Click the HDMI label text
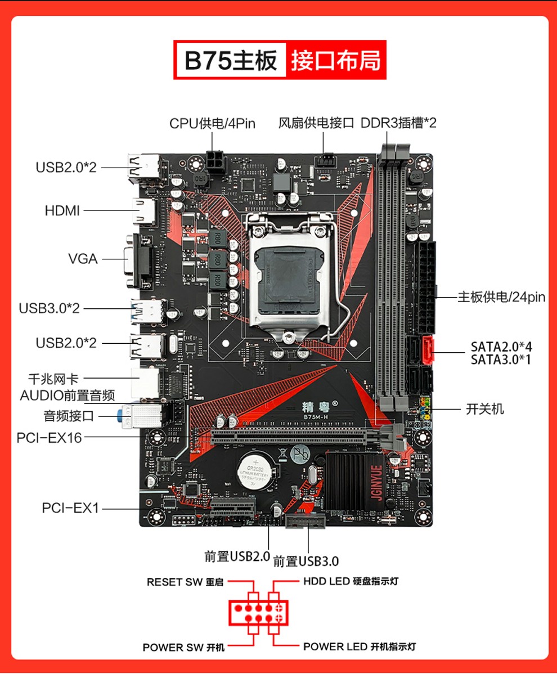point(62,211)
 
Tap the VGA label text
point(83,259)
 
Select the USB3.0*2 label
point(50,308)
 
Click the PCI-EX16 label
point(49,437)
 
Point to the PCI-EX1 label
point(70,509)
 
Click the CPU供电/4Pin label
point(212,123)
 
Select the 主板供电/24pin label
point(501,297)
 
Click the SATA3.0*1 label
point(501,360)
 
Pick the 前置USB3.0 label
point(306,561)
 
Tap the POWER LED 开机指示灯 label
point(360,646)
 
